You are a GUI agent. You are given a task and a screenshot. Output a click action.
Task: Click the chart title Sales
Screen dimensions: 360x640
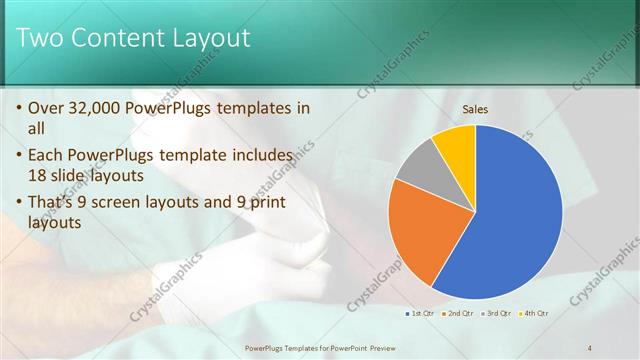(475, 110)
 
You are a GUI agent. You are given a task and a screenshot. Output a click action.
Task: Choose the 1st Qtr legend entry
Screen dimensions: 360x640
(419, 313)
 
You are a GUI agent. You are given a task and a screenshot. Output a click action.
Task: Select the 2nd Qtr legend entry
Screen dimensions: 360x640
(459, 313)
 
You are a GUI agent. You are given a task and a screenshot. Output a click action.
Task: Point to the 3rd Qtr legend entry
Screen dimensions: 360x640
(497, 313)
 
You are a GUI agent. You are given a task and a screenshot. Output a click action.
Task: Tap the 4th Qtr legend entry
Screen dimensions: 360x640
(535, 313)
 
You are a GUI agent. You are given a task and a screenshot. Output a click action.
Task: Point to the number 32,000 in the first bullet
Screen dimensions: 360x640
(104, 108)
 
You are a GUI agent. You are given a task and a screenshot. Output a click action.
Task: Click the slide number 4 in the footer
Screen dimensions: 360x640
(590, 347)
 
